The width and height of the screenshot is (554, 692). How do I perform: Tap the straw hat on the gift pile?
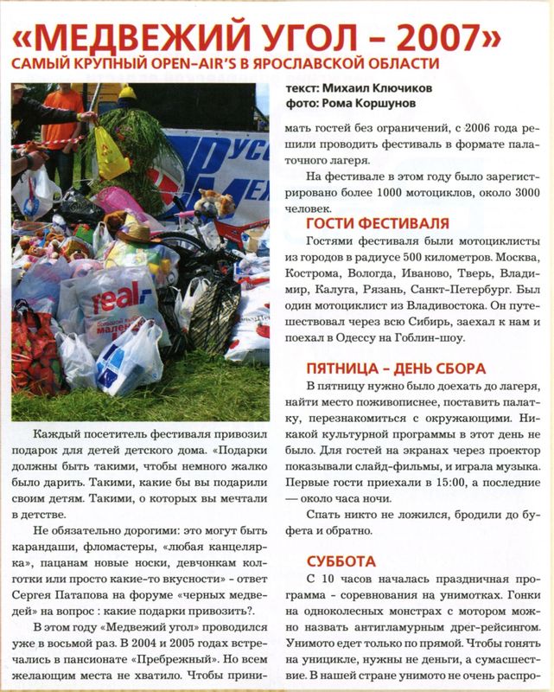134,232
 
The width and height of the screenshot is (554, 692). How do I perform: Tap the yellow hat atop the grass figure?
128,93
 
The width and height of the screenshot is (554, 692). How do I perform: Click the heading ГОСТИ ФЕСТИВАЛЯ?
377,225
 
